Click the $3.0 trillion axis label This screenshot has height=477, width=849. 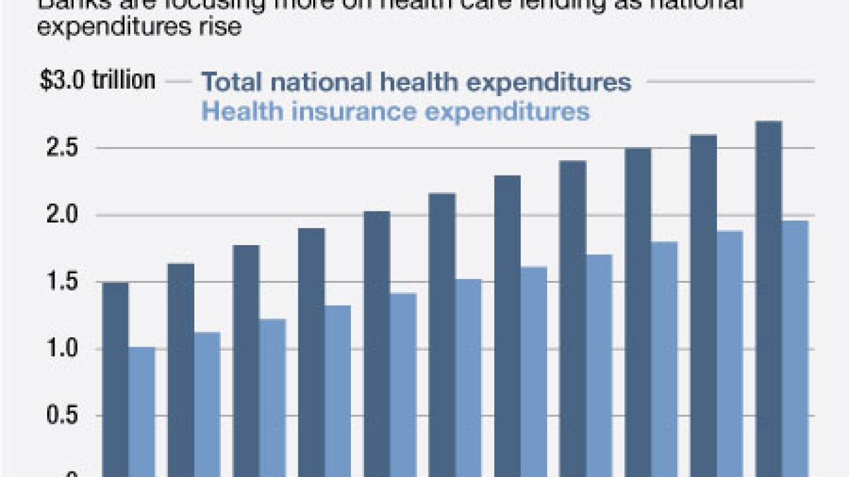[98, 81]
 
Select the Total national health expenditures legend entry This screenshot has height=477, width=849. [416, 82]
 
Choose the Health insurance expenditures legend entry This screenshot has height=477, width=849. [395, 111]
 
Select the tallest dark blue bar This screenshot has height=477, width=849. [769, 298]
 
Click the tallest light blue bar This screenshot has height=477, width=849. [795, 348]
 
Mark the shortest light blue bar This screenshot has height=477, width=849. [141, 411]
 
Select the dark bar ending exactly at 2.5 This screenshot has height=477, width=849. [638, 311]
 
